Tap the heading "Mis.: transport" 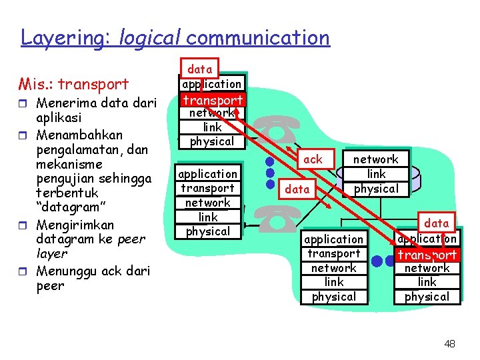coord(73,85)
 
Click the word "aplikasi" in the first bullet coord(59,117)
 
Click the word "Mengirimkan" coord(75,225)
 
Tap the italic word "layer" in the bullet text coord(52,253)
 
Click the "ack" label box coord(313,159)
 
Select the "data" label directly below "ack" coord(297,189)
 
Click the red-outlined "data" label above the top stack coord(199,69)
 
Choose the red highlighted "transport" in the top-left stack coord(213,100)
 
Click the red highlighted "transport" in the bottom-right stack coord(427,255)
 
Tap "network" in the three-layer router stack coord(375,159)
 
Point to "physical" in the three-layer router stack coord(376,189)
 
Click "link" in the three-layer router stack coord(376,174)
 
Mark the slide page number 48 coord(449,344)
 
